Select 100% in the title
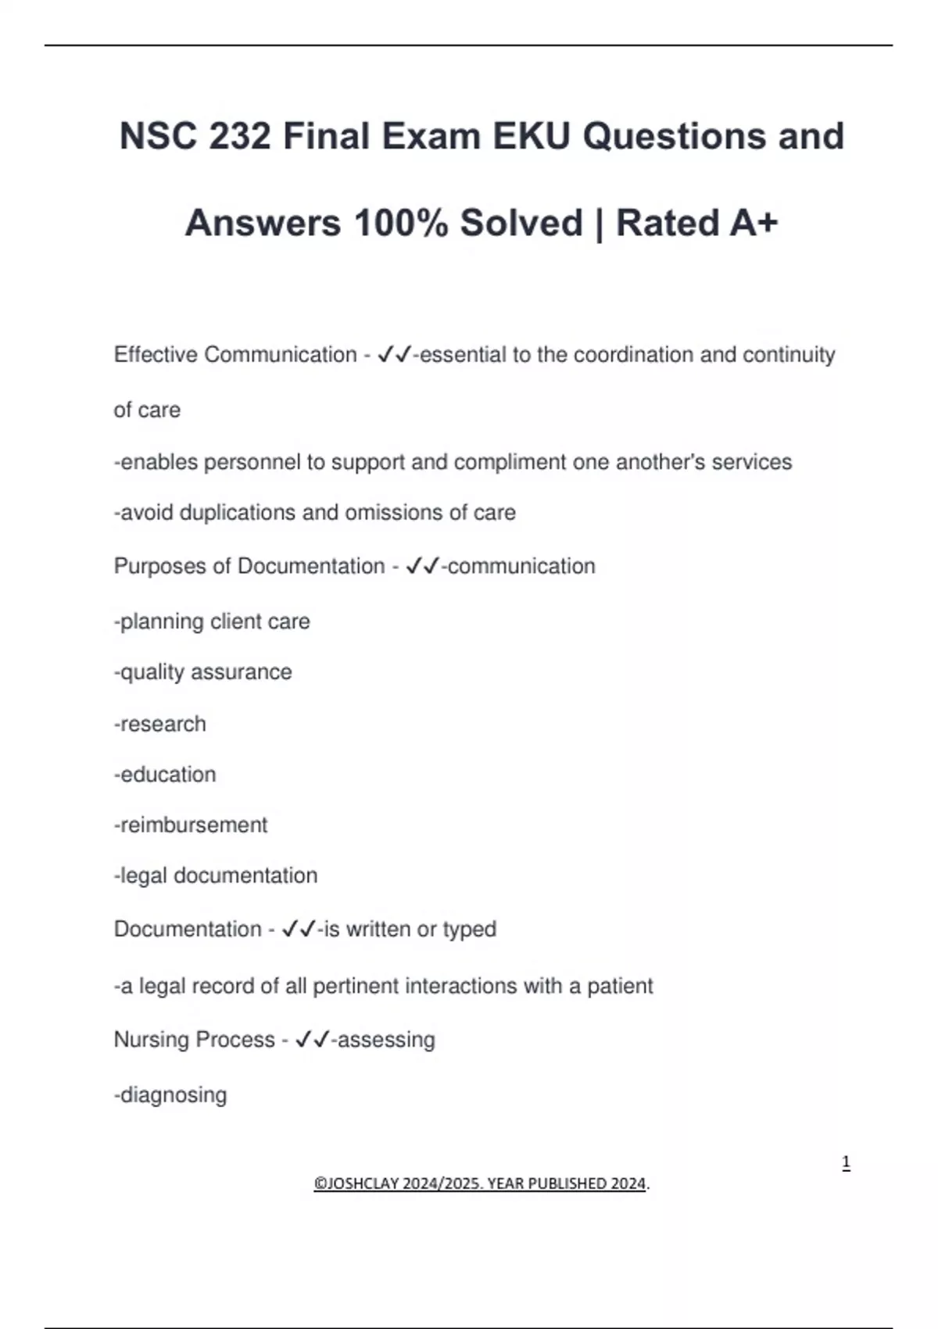tap(401, 223)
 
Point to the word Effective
tap(156, 355)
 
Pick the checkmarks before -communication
tap(423, 566)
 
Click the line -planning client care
tap(212, 622)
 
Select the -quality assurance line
tap(202, 672)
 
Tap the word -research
tap(160, 724)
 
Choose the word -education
tap(165, 775)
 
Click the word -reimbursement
tap(191, 825)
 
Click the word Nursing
tap(152, 1040)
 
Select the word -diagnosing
tap(170, 1095)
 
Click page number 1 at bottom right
tap(846, 1162)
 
